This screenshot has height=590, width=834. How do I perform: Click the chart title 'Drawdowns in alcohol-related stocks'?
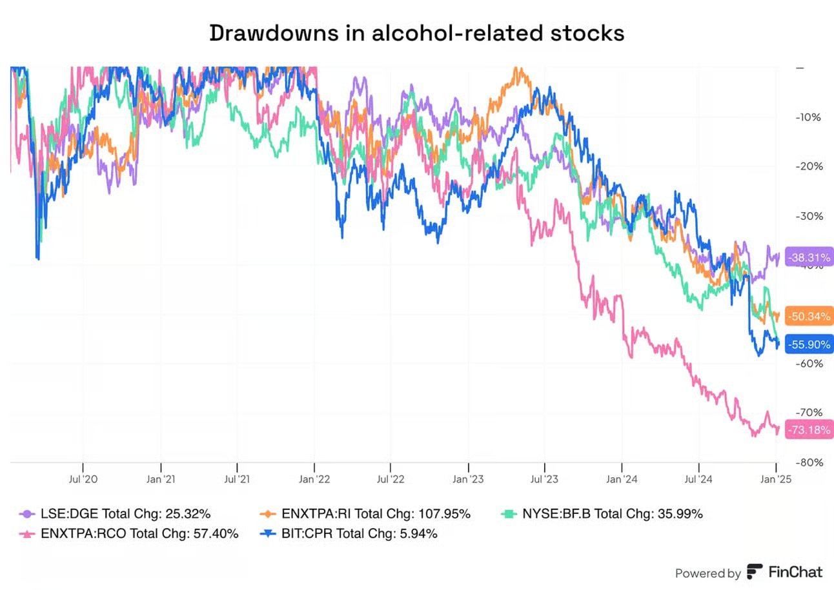pyautogui.click(x=416, y=34)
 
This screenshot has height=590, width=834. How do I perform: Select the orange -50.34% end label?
pyautogui.click(x=809, y=315)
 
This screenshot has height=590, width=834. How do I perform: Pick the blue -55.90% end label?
pyautogui.click(x=809, y=344)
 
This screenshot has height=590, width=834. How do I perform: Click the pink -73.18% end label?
pyautogui.click(x=809, y=429)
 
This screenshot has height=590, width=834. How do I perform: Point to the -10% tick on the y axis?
pyautogui.click(x=808, y=117)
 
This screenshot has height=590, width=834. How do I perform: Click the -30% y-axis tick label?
pyautogui.click(x=808, y=216)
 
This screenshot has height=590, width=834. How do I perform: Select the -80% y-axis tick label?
pyautogui.click(x=808, y=462)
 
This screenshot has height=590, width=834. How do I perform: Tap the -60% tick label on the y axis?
pyautogui.click(x=808, y=364)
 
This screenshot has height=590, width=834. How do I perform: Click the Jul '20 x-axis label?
pyautogui.click(x=83, y=479)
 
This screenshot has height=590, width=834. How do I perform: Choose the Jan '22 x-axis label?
pyautogui.click(x=314, y=479)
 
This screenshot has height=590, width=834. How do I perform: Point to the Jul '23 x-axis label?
pyautogui.click(x=545, y=479)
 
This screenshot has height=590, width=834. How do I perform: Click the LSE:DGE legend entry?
pyautogui.click(x=116, y=514)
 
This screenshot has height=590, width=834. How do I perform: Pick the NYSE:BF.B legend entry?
pyautogui.click(x=603, y=514)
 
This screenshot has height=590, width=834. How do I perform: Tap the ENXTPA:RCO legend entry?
pyautogui.click(x=129, y=533)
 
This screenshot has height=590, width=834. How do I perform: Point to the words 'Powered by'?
pyautogui.click(x=707, y=573)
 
